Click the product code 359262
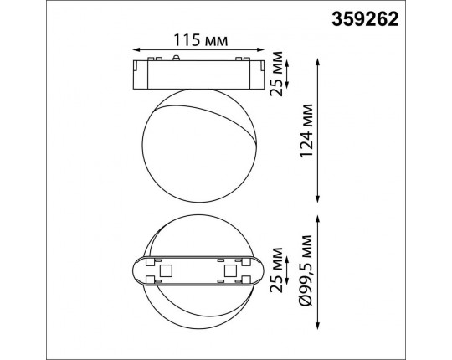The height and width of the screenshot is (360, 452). tap(365, 19)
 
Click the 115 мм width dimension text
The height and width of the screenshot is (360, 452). tap(200, 40)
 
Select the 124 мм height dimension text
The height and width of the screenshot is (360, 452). tap(306, 131)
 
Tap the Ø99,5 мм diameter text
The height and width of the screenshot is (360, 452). tap(306, 270)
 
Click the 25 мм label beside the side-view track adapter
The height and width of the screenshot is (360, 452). tap(276, 74)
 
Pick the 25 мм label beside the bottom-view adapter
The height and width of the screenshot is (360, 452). tap(276, 270)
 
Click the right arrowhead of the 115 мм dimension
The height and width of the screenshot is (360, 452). tap(260, 50)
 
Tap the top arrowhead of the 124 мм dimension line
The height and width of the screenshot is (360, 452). tap(318, 62)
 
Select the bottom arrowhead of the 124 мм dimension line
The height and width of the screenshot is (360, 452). tap(318, 199)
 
